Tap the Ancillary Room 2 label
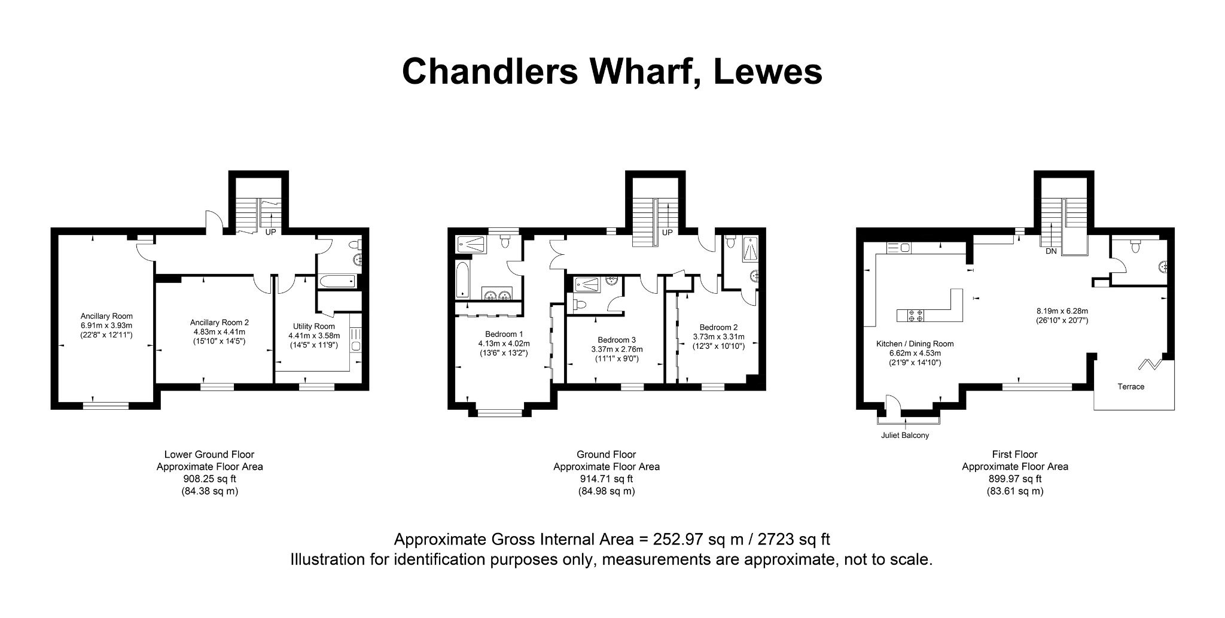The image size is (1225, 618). pos(220,322)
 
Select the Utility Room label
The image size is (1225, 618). pos(314,326)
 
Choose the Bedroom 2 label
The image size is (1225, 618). pos(718,327)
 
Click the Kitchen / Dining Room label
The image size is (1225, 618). pos(915,344)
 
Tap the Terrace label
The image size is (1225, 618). pos(1131,386)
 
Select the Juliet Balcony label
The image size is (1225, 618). pos(905,436)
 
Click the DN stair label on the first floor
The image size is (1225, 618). pos(1051,251)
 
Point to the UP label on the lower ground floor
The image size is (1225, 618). pos(270,232)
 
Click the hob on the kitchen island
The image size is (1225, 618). pos(915,315)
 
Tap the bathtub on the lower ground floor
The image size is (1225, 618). pos(337,282)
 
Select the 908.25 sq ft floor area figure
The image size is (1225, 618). pos(209,479)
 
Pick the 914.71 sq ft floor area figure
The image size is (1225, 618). pos(607,479)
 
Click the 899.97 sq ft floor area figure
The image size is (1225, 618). pos(1015,479)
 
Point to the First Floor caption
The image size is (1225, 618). pos(1015,455)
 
